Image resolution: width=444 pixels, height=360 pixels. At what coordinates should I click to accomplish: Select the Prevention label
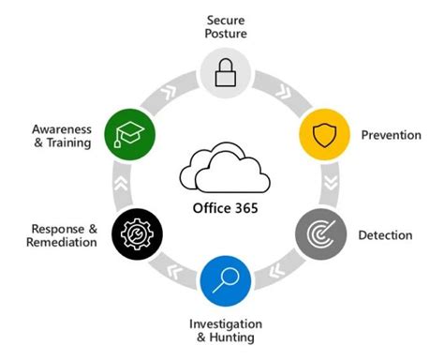[391, 136]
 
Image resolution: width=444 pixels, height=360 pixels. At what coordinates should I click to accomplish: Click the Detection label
[385, 234]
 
